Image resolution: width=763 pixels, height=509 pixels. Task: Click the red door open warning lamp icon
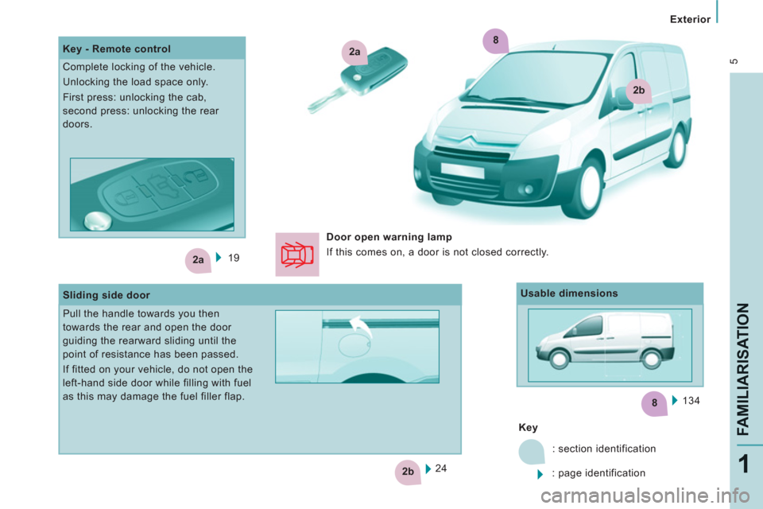coord(296,254)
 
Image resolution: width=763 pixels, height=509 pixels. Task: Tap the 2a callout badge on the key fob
coord(354,52)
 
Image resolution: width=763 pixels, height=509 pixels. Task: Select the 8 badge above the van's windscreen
coord(495,41)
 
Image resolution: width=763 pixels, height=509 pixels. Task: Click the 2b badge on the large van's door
coord(638,91)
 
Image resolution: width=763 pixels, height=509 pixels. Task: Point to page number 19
coord(234,258)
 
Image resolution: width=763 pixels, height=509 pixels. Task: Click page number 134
coord(691,400)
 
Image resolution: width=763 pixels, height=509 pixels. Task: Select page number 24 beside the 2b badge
coord(441,468)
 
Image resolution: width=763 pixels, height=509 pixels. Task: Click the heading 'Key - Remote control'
coord(117,49)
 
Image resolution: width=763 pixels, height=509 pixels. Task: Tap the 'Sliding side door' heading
coord(106,295)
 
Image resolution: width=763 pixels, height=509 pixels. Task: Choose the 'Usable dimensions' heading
coord(569,293)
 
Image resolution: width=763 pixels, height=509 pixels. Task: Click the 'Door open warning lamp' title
coord(389,237)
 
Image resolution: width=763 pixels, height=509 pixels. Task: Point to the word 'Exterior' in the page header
coord(690,19)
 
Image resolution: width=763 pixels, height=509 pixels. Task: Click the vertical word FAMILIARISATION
coord(743,369)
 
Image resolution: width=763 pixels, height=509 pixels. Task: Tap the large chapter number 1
coord(744,464)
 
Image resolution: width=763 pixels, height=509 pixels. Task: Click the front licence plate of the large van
coord(463,170)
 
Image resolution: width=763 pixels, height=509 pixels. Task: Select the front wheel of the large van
coord(585,188)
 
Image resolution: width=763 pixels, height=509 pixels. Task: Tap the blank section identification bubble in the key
coord(532,452)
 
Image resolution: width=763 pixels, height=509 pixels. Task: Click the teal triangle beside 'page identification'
coord(540,474)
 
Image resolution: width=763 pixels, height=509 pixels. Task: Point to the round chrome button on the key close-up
coord(98,220)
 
